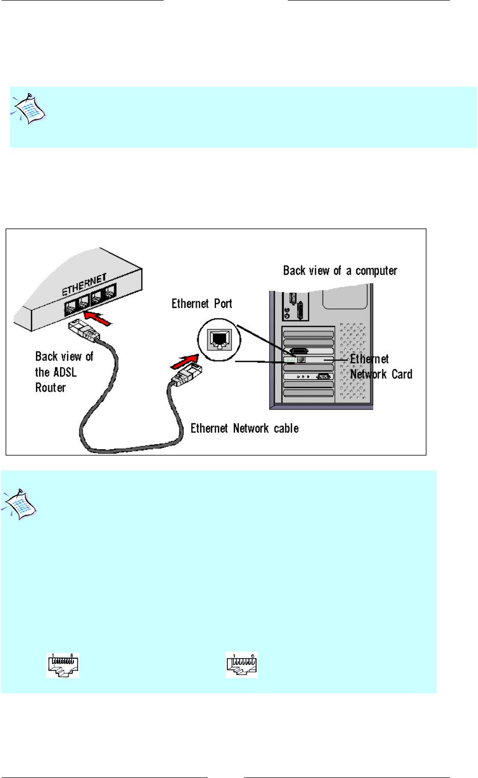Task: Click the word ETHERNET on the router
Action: (x=85, y=284)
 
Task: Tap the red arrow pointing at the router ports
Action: (x=98, y=320)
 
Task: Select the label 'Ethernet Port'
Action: (x=202, y=304)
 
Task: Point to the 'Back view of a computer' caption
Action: (x=340, y=271)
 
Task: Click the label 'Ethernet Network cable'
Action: (x=245, y=428)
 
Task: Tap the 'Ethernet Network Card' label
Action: (x=381, y=367)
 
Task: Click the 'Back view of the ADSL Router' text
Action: (x=64, y=372)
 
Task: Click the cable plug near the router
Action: (x=83, y=332)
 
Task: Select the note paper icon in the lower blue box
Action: (x=20, y=505)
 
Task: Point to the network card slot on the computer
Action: (x=308, y=360)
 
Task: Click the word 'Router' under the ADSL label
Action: (x=50, y=387)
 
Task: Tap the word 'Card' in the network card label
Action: (x=402, y=374)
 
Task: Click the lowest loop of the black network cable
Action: (x=127, y=450)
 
